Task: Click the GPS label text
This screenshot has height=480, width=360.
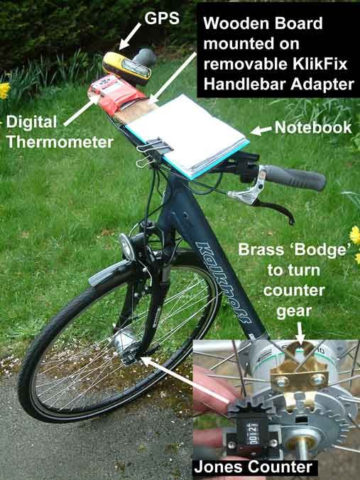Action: [x=162, y=18]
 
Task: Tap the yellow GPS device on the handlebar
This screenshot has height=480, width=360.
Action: [x=127, y=68]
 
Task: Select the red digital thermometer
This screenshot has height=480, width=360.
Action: [x=116, y=94]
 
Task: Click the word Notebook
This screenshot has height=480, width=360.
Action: [x=313, y=127]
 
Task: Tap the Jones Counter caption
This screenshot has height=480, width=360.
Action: [x=253, y=467]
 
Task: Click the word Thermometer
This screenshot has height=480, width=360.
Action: [x=60, y=142]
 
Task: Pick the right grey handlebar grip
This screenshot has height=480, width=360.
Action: [x=295, y=178]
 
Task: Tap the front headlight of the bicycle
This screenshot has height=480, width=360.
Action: [x=127, y=246]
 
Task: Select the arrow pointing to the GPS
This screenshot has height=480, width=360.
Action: [x=130, y=36]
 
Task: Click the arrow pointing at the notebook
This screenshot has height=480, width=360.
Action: [x=261, y=131]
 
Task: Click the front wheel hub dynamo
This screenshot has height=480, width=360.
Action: [x=125, y=342]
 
